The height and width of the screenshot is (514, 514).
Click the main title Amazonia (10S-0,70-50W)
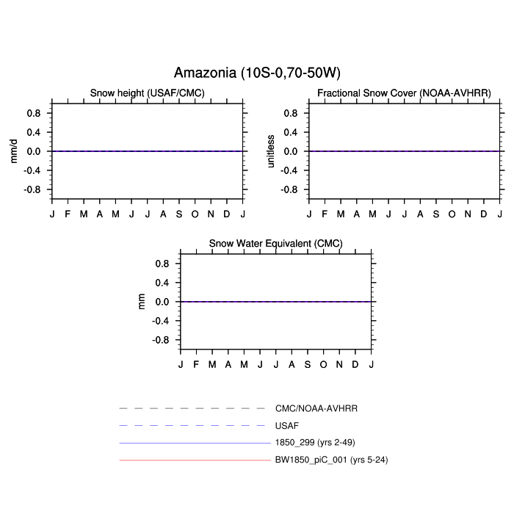point(257,73)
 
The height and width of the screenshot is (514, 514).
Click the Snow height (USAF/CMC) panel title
point(147,93)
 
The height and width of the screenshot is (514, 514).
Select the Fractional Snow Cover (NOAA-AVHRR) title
point(404,93)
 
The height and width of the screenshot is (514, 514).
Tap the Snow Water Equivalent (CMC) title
point(275,244)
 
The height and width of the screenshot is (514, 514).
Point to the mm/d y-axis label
point(13,151)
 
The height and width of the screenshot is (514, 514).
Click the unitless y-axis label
point(270,151)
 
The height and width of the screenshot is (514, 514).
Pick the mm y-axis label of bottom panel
point(141,302)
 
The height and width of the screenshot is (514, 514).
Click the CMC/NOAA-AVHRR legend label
point(316,408)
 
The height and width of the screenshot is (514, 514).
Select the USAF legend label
point(287,426)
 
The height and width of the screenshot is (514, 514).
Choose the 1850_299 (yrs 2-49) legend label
point(315,443)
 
